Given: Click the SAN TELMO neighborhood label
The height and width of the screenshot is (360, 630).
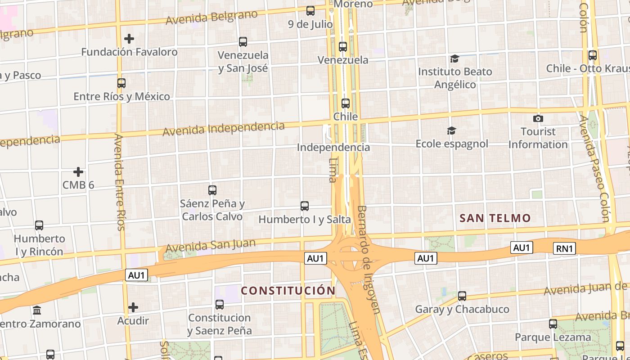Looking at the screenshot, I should (495, 218).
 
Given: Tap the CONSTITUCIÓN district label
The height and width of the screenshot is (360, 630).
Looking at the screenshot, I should (288, 291).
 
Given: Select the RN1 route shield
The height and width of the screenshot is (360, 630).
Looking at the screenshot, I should (564, 248).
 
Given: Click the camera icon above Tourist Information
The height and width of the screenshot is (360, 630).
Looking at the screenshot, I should (538, 119).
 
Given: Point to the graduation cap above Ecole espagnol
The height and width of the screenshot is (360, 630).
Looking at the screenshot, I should (451, 130).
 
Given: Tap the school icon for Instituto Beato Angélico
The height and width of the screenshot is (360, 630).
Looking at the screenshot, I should (454, 58).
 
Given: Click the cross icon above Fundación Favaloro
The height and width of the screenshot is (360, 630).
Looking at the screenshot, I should (129, 39).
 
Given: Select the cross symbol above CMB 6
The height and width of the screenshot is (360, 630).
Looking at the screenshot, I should (78, 172).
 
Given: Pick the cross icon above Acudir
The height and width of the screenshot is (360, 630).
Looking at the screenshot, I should (133, 308).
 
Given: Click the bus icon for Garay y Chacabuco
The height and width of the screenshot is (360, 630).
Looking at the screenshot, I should (462, 296).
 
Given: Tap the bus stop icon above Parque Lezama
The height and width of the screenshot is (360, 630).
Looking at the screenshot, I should (553, 324).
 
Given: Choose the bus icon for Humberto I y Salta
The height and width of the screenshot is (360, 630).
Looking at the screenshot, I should (305, 206).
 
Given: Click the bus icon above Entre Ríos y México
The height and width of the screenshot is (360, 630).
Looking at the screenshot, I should (121, 83).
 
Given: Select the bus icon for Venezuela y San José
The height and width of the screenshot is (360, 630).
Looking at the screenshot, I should (243, 42).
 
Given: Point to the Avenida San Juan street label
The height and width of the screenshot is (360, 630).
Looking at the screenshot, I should (211, 246).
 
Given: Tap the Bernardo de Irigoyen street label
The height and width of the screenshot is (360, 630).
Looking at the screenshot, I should (369, 259).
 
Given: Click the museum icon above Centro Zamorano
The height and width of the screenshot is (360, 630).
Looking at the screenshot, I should (37, 310).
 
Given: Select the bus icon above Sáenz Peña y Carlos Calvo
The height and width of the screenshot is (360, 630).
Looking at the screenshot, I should (212, 190).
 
